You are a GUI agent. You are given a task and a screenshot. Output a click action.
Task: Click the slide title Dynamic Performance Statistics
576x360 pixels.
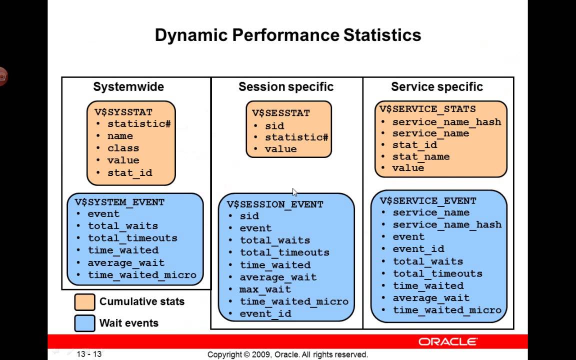(x=287, y=35)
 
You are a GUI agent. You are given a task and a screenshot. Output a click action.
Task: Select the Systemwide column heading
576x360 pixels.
(x=128, y=87)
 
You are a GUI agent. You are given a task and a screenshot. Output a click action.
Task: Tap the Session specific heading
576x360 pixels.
(x=285, y=87)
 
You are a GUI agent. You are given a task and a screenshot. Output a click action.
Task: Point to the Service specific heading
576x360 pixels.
(x=436, y=87)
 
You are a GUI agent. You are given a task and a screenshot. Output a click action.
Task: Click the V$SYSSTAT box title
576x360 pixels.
(x=123, y=112)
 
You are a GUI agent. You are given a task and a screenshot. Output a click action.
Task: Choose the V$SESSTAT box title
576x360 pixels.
(x=280, y=113)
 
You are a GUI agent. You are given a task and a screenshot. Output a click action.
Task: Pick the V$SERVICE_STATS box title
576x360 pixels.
(x=427, y=109)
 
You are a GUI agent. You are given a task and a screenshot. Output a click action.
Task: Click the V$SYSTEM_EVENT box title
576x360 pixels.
(x=119, y=202)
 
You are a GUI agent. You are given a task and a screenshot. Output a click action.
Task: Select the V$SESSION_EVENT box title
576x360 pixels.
(x=275, y=204)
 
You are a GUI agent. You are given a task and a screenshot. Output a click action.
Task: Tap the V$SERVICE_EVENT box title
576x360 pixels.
(x=427, y=200)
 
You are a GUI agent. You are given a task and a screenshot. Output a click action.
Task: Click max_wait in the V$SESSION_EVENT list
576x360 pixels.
(x=265, y=289)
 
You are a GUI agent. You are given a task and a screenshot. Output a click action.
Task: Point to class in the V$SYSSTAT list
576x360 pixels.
(x=123, y=148)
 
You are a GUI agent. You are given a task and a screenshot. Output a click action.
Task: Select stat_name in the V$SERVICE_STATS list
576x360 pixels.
(x=420, y=156)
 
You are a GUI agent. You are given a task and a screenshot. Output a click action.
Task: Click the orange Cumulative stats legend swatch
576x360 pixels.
(x=84, y=302)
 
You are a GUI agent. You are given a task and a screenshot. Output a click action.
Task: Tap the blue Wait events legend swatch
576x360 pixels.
(x=84, y=323)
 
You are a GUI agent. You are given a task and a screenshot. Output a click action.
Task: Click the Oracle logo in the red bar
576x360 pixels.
(x=448, y=342)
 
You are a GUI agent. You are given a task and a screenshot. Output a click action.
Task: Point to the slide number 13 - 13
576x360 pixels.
(x=89, y=354)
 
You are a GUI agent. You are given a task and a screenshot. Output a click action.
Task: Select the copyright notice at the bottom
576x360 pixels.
(x=287, y=354)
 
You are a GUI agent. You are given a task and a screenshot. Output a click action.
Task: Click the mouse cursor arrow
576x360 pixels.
(x=294, y=192)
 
